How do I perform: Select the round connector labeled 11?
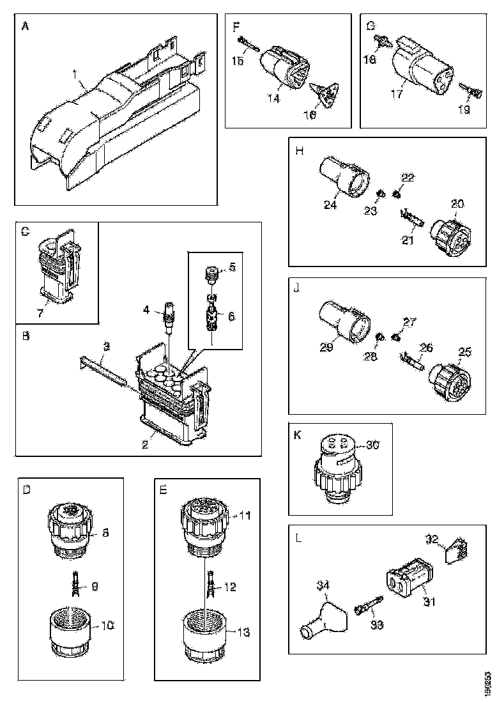(203, 517)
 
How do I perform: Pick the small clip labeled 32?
(455, 551)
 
